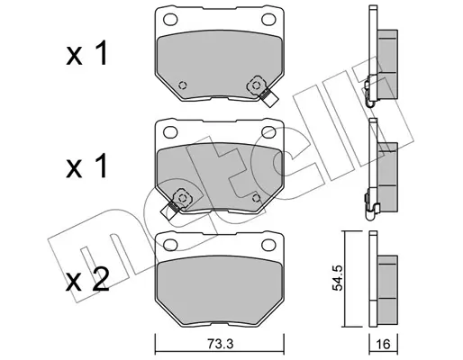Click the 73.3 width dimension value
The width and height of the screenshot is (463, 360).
(220, 344)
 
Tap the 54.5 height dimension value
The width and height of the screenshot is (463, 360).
(338, 279)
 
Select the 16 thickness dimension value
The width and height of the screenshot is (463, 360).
(383, 344)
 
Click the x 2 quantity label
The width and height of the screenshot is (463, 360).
(87, 280)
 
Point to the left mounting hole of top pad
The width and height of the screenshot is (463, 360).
(170, 20)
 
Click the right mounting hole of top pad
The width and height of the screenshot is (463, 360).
(268, 20)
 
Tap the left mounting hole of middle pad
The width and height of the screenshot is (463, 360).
(170, 132)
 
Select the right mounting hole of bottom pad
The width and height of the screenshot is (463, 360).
(268, 245)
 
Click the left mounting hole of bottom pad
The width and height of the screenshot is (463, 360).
(170, 245)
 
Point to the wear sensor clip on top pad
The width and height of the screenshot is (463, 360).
(262, 90)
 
